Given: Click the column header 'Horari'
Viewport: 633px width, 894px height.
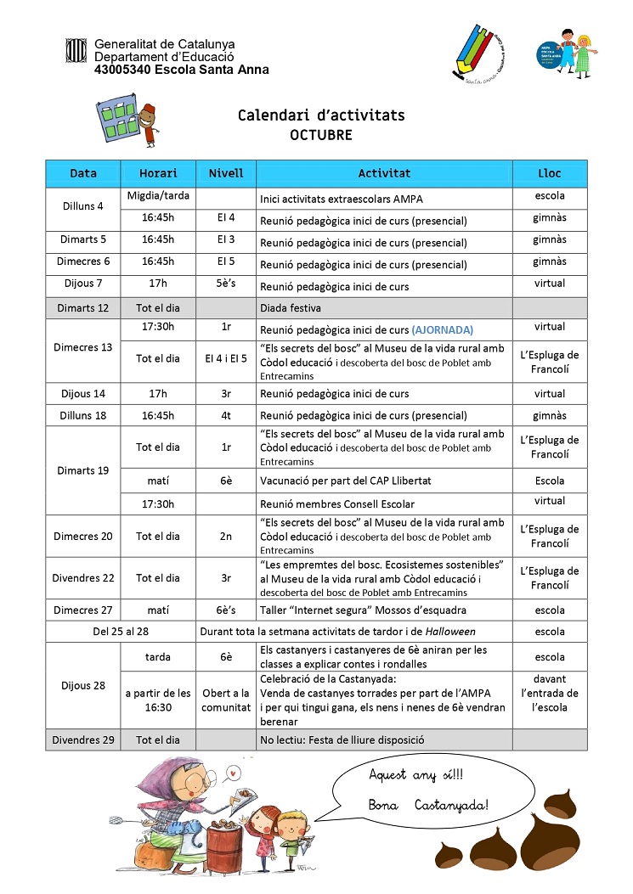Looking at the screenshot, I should pos(158,173).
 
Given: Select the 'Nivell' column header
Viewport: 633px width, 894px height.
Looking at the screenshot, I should pos(226,173).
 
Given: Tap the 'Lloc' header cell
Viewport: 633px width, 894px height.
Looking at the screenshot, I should pos(550,173).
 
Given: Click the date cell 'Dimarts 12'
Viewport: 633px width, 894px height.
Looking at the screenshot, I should pos(83,308).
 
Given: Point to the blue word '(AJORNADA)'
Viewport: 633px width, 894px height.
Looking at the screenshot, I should pos(443,330).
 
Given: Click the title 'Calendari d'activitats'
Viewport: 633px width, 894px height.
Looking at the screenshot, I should pos(321,115).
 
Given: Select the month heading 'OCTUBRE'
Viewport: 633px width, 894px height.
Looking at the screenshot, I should pos(320,135).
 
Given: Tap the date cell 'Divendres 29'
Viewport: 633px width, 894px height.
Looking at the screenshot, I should pos(83,739).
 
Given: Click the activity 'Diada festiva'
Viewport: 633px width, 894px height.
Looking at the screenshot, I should pos(291,308).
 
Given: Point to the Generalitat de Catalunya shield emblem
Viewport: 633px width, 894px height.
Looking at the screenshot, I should pos(76,50).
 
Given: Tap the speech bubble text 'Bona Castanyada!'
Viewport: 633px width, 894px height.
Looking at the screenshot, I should pos(429,803).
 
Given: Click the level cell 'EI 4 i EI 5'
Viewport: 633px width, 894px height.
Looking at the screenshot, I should pos(226,358).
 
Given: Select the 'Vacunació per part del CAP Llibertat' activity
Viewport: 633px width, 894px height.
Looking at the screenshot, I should pos(346,481).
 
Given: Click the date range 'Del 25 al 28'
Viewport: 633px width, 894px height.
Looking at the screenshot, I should pos(121,632).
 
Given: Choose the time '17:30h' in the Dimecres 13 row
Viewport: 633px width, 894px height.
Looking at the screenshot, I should pos(158,327).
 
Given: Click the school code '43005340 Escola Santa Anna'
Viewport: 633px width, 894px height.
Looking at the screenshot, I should pos(181,70).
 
